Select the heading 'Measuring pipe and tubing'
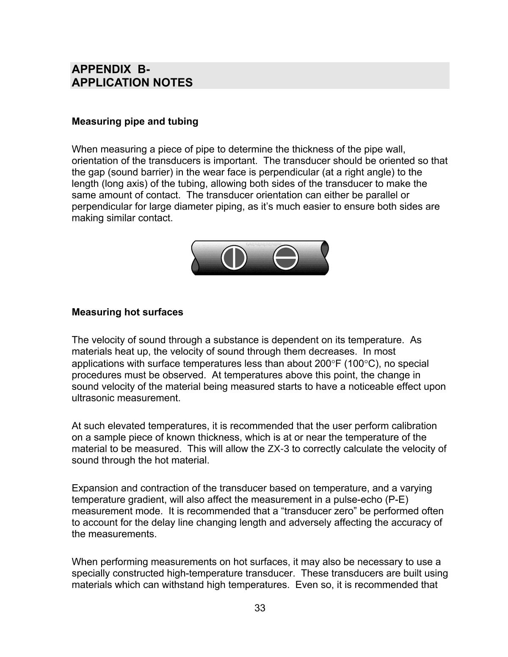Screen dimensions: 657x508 click(x=135, y=121)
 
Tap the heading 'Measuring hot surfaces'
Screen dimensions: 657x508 click(x=127, y=312)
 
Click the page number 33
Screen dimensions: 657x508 click(x=260, y=608)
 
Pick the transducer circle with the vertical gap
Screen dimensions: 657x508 click(x=234, y=257)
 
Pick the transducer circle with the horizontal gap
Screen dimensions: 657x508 click(x=286, y=257)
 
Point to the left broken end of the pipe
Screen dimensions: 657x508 click(x=195, y=258)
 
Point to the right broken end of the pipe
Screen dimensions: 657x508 click(x=325, y=258)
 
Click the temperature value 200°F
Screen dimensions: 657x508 click(x=328, y=364)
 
